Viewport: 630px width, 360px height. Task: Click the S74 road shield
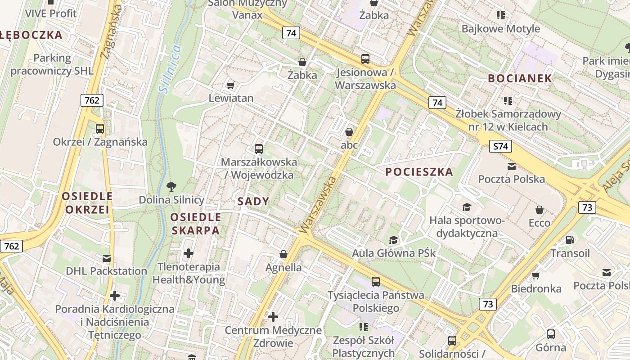pyautogui.click(x=500, y=146)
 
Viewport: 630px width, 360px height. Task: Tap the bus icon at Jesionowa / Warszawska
pyautogui.click(x=365, y=58)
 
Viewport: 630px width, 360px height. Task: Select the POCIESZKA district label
pyautogui.click(x=419, y=172)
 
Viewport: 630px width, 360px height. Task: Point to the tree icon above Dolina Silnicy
pyautogui.click(x=171, y=186)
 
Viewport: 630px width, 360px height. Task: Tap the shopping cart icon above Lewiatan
pyautogui.click(x=231, y=85)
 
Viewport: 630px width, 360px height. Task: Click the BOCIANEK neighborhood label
pyautogui.click(x=520, y=78)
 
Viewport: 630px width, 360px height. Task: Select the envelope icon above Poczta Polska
pyautogui.click(x=512, y=166)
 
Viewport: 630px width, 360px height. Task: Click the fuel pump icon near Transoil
pyautogui.click(x=570, y=240)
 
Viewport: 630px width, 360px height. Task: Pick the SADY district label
pyautogui.click(x=253, y=202)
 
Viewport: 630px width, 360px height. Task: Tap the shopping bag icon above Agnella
pyautogui.click(x=283, y=255)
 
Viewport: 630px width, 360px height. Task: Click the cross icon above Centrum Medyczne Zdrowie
pyautogui.click(x=273, y=317)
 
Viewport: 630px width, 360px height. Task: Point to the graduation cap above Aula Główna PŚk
pyautogui.click(x=394, y=240)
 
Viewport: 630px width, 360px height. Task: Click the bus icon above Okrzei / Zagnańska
pyautogui.click(x=100, y=129)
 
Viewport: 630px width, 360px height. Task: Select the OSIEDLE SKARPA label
pyautogui.click(x=195, y=224)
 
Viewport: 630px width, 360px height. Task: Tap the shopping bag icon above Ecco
pyautogui.click(x=539, y=210)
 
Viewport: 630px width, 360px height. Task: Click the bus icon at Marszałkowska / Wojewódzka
pyautogui.click(x=258, y=148)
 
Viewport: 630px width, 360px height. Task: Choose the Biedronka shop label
pyautogui.click(x=536, y=288)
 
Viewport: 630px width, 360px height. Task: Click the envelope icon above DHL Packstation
pyautogui.click(x=107, y=258)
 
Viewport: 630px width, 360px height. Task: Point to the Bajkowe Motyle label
pyautogui.click(x=500, y=29)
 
